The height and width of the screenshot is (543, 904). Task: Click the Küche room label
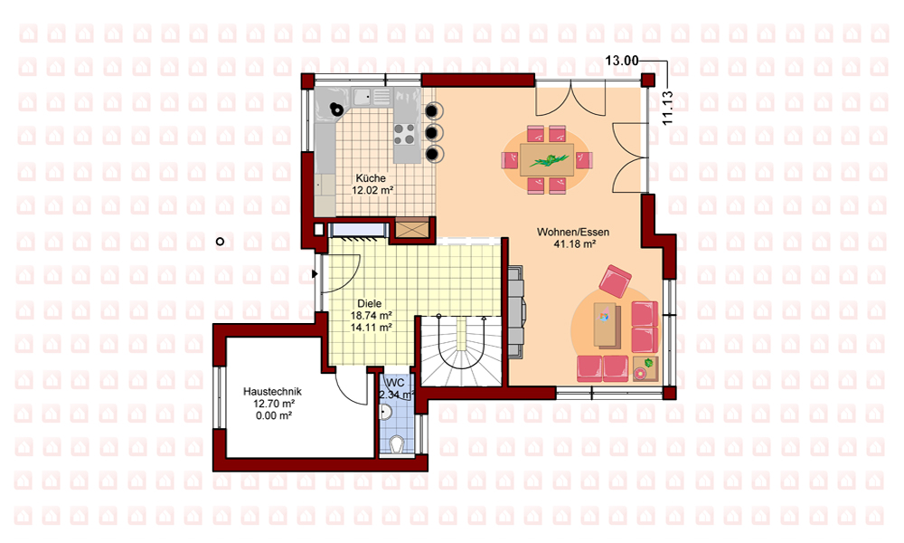click(370, 178)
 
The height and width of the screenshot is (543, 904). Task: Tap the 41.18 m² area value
click(574, 244)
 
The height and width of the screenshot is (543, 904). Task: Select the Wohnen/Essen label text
click(573, 232)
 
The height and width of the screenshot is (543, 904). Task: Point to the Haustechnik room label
click(272, 391)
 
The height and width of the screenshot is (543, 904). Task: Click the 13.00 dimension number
click(622, 61)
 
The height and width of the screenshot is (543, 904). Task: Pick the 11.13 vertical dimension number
click(668, 108)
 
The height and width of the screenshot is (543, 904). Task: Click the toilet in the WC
click(396, 445)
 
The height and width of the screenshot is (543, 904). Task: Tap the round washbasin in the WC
click(386, 412)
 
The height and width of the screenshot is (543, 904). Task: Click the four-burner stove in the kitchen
click(404, 135)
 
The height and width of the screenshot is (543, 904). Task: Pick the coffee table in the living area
click(607, 326)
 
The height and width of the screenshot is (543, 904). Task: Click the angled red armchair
click(615, 281)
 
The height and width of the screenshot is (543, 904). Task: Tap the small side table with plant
click(645, 369)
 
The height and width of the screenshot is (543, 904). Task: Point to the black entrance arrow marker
click(315, 273)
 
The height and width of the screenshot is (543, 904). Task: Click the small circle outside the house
click(220, 242)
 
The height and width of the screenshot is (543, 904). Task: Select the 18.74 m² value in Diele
click(372, 316)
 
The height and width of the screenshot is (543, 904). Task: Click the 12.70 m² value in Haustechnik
click(274, 404)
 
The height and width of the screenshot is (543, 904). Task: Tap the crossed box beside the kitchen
click(411, 228)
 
